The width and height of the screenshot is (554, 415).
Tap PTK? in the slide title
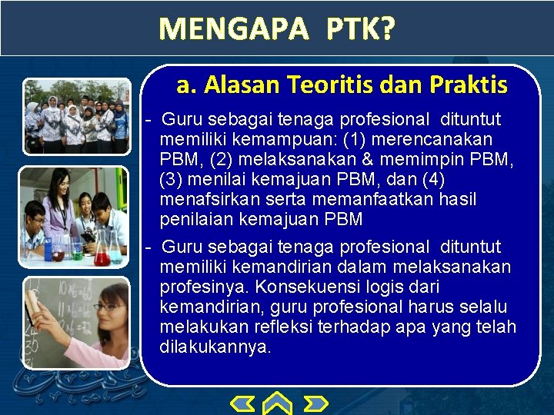[x=360, y=29]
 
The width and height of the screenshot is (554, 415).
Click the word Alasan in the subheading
[x=238, y=85]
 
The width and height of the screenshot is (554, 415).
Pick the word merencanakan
[x=442, y=139]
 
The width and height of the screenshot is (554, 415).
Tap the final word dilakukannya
[x=215, y=347]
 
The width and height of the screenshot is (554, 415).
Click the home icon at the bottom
[x=278, y=403]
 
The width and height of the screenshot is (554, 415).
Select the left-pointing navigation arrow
[x=244, y=403]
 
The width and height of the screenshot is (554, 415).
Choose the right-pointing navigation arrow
[x=315, y=403]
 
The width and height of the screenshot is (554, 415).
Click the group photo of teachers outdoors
[x=76, y=117]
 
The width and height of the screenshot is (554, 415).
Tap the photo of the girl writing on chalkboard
[x=75, y=322]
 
